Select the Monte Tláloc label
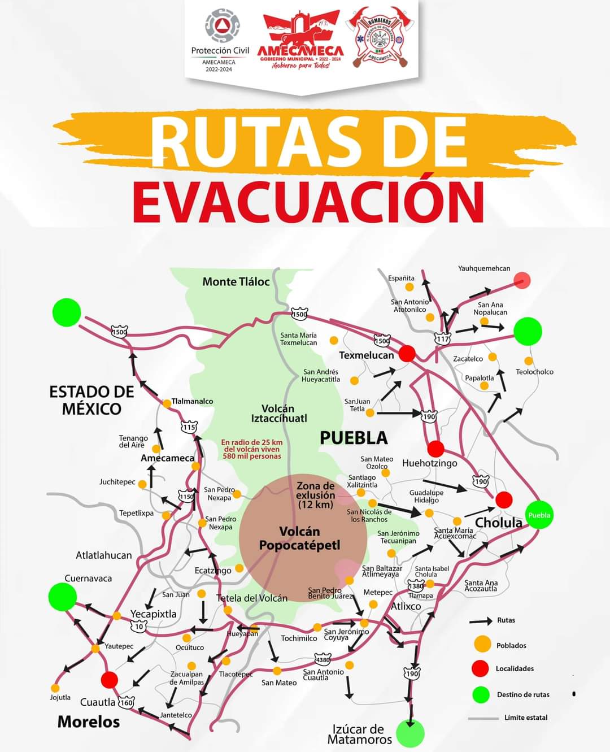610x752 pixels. pos(236,281)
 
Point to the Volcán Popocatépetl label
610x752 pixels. pos(299,538)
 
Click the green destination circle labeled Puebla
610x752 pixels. pos(539,515)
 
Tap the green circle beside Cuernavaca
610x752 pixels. pos(62,597)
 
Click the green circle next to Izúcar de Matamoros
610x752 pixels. pos(410,733)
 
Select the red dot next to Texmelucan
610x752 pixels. pos(407,354)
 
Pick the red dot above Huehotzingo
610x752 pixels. pos(435,449)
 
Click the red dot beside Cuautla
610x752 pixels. pos(110,679)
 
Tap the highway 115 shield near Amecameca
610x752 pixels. pos(189,427)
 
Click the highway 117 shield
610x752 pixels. pos(442,339)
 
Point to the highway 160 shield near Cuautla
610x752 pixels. pos(125,703)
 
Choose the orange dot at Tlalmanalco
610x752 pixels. pos(167,403)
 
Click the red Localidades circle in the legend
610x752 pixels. pos(480,668)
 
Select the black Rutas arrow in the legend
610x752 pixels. pos(481,621)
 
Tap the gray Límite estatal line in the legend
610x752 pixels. pos(483,718)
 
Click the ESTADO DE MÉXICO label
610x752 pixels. pos(91,400)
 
